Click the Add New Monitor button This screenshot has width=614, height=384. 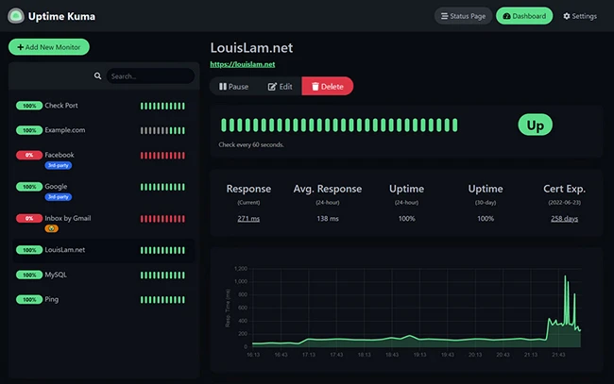pyautogui.click(x=49, y=47)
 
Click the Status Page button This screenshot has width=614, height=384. pyautogui.click(x=463, y=16)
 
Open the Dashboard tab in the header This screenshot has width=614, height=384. pyautogui.click(x=524, y=16)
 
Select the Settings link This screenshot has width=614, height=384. pyautogui.click(x=580, y=16)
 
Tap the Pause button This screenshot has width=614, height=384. pyautogui.click(x=233, y=86)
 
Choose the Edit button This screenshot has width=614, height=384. pyautogui.click(x=280, y=86)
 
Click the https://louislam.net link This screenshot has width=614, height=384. pyautogui.click(x=242, y=64)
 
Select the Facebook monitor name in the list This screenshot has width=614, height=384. pyautogui.click(x=60, y=155)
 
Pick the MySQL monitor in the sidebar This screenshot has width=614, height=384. pyautogui.click(x=56, y=275)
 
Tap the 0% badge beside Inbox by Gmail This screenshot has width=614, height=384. pyautogui.click(x=29, y=218)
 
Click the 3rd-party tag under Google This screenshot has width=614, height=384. pyautogui.click(x=58, y=197)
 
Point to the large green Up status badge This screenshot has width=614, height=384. pyautogui.click(x=535, y=125)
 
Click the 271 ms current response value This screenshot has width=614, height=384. pyautogui.click(x=248, y=219)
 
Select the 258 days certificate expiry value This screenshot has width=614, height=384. pyautogui.click(x=564, y=219)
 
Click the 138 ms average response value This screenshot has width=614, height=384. pyautogui.click(x=328, y=219)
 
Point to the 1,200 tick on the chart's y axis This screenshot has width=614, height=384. pyautogui.click(x=240, y=268)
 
